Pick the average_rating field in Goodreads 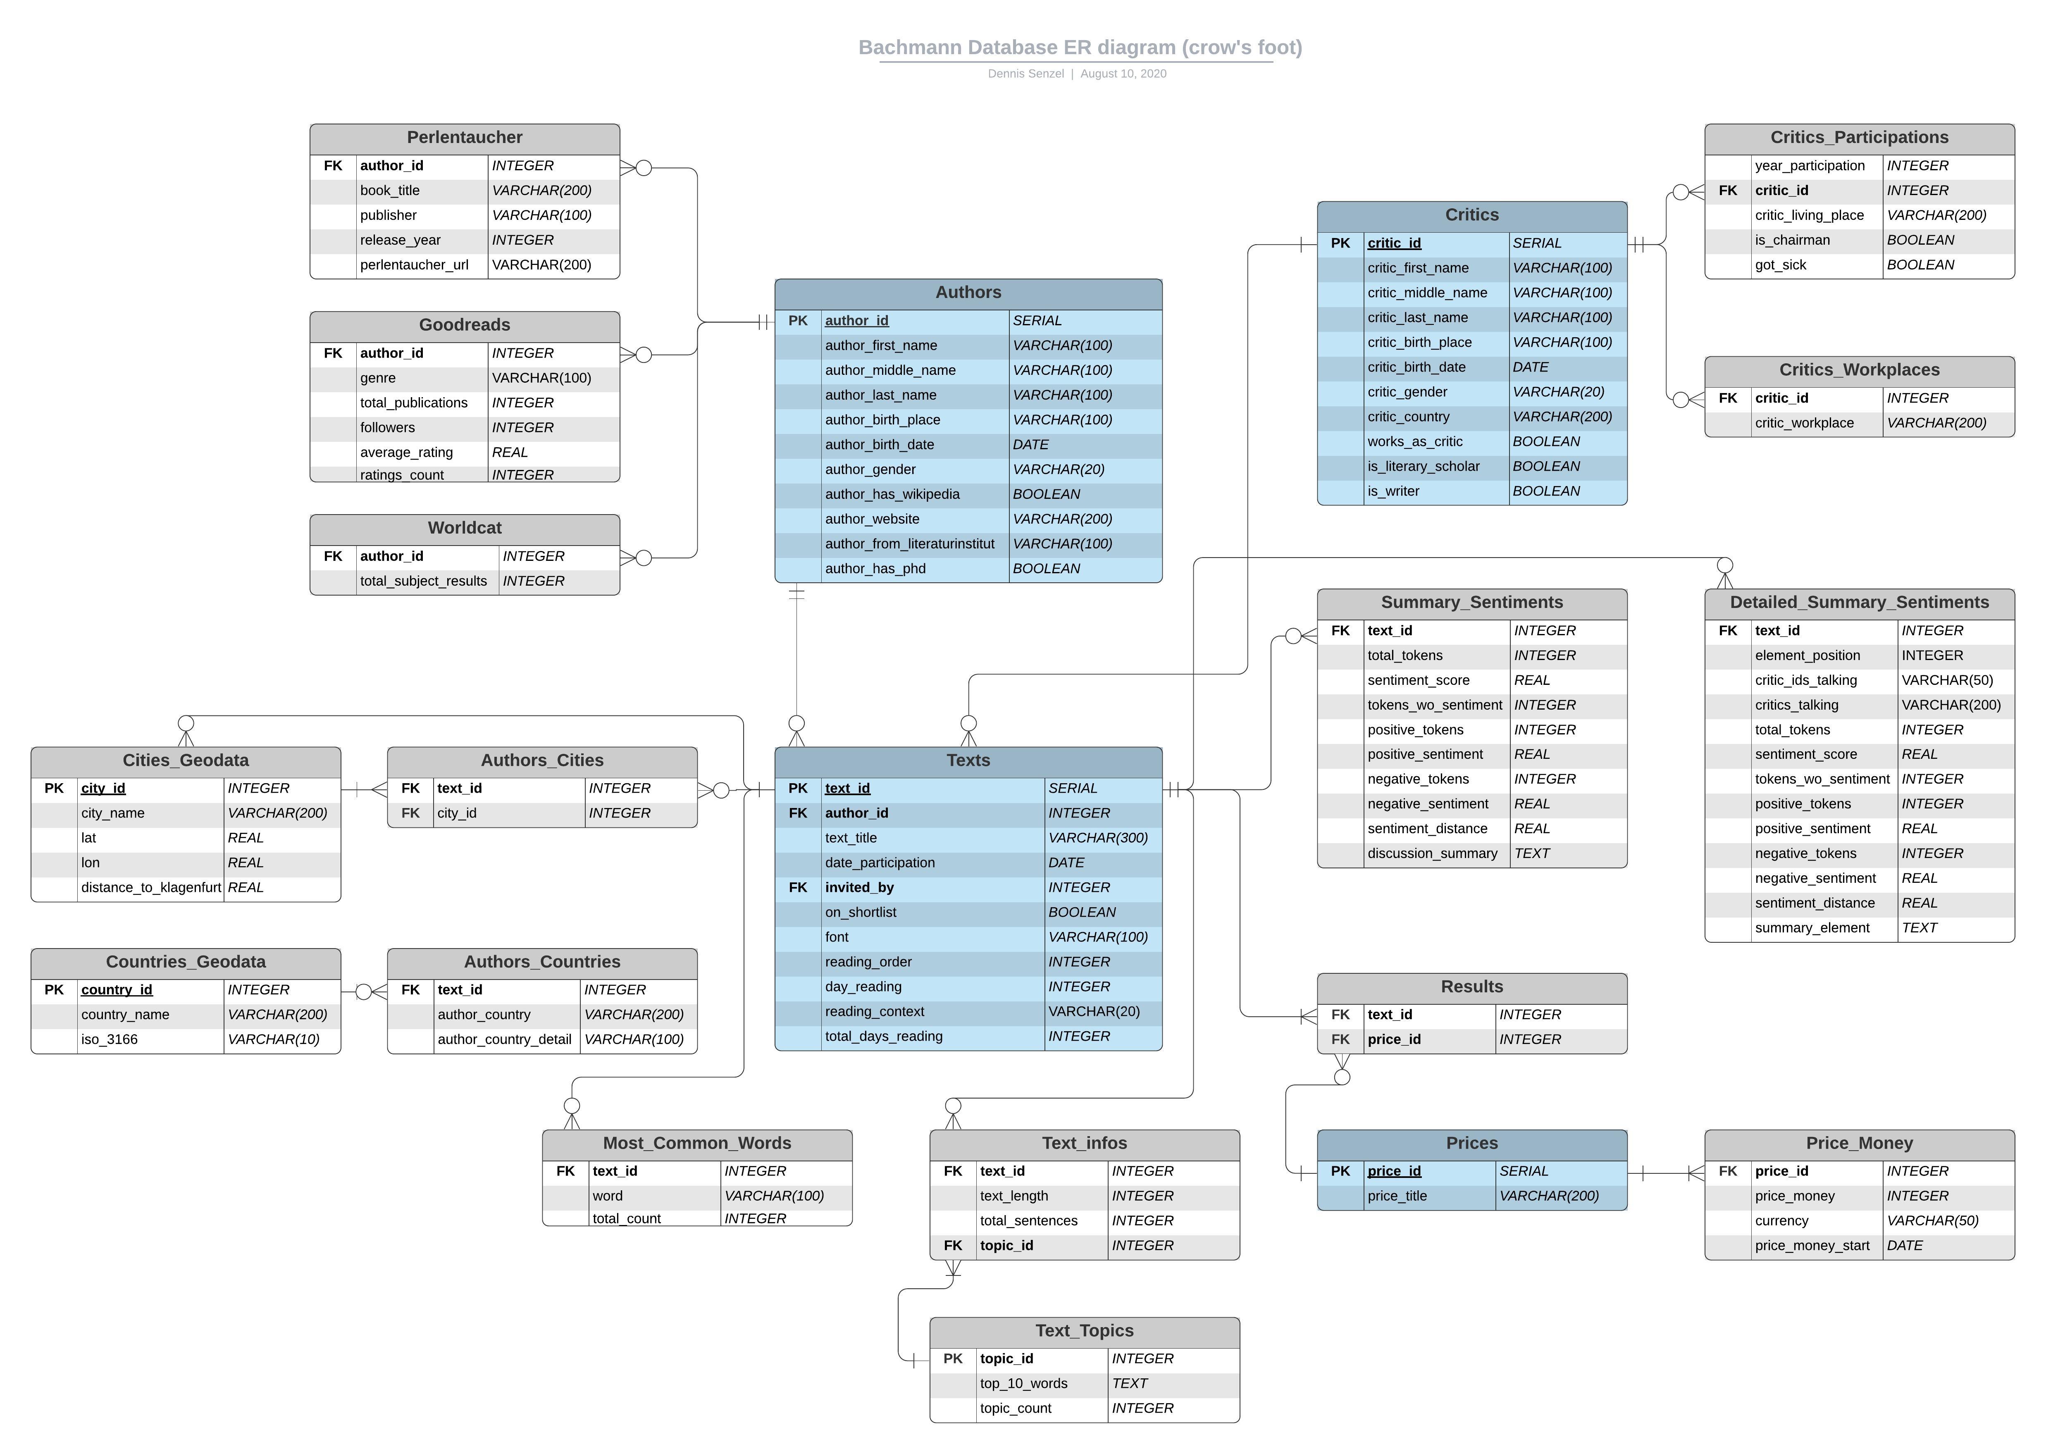click(x=407, y=452)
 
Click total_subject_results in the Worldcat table click(x=424, y=581)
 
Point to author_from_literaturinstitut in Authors click(x=909, y=543)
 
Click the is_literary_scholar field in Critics click(x=1423, y=467)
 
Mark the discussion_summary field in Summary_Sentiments click(x=1432, y=853)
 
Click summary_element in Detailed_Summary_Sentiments click(x=1811, y=927)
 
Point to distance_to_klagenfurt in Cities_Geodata click(x=150, y=887)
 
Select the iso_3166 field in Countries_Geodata click(x=109, y=1039)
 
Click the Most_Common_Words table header click(x=696, y=1143)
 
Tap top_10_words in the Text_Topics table click(x=1023, y=1383)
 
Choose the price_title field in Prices click(x=1397, y=1196)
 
